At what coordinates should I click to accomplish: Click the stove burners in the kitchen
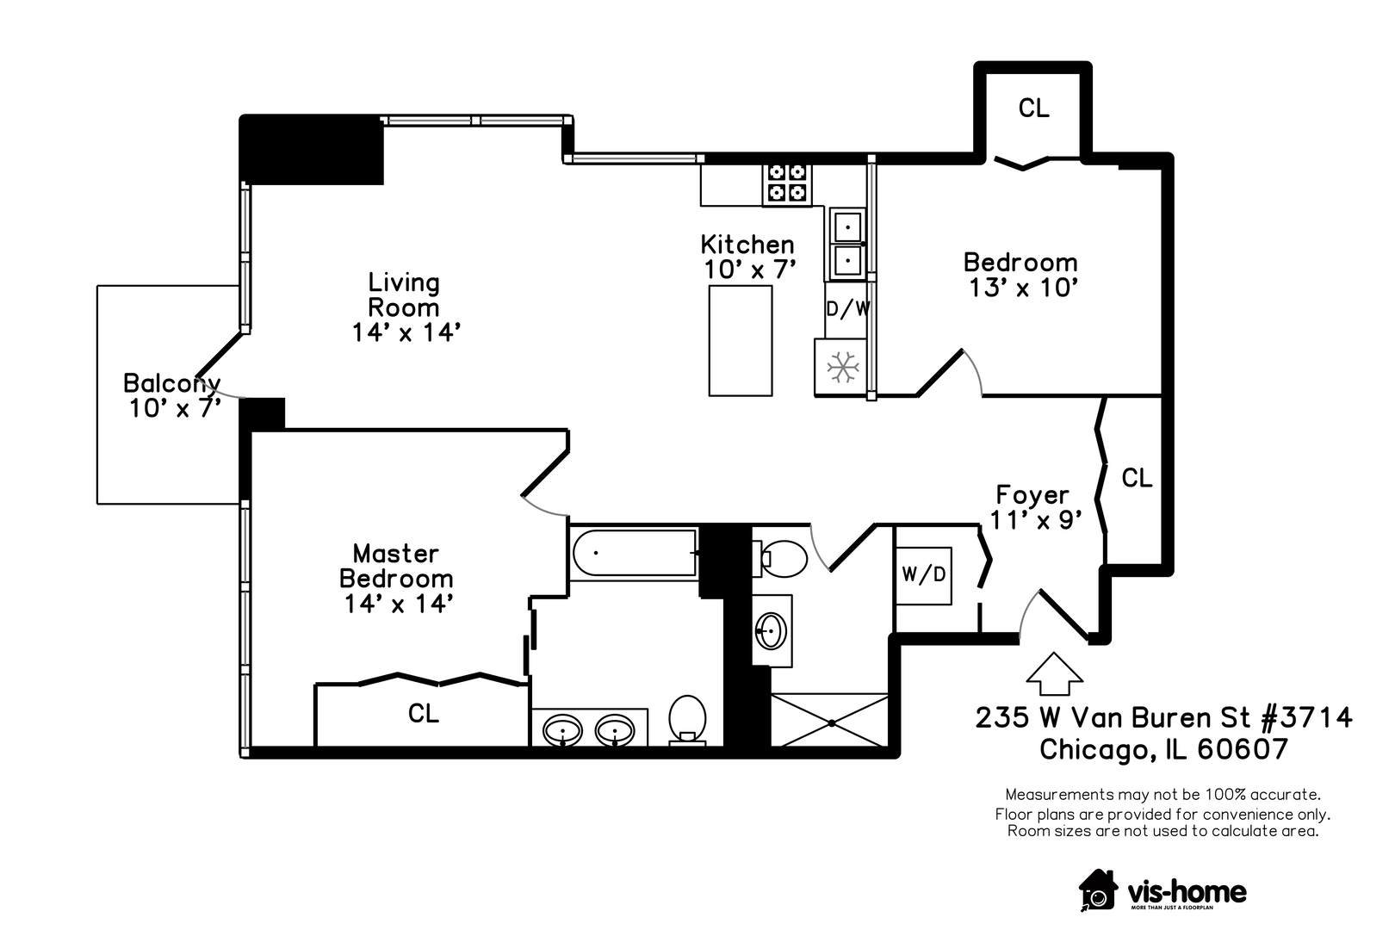[787, 183]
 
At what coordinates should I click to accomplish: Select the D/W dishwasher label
[848, 308]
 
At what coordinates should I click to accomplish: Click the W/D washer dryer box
[924, 574]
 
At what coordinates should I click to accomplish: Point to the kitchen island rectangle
[741, 340]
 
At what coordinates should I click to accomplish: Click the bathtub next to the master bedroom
[634, 554]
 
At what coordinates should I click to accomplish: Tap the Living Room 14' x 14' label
[405, 307]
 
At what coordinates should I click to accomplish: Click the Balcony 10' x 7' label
[172, 395]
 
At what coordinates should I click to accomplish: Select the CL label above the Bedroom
[1033, 108]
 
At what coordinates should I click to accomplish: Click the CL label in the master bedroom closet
[424, 713]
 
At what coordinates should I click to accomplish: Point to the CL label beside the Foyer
[1137, 478]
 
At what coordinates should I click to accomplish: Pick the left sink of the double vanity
[564, 731]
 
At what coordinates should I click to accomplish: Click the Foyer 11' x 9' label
[1034, 507]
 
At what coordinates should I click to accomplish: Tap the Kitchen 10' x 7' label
[747, 257]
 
